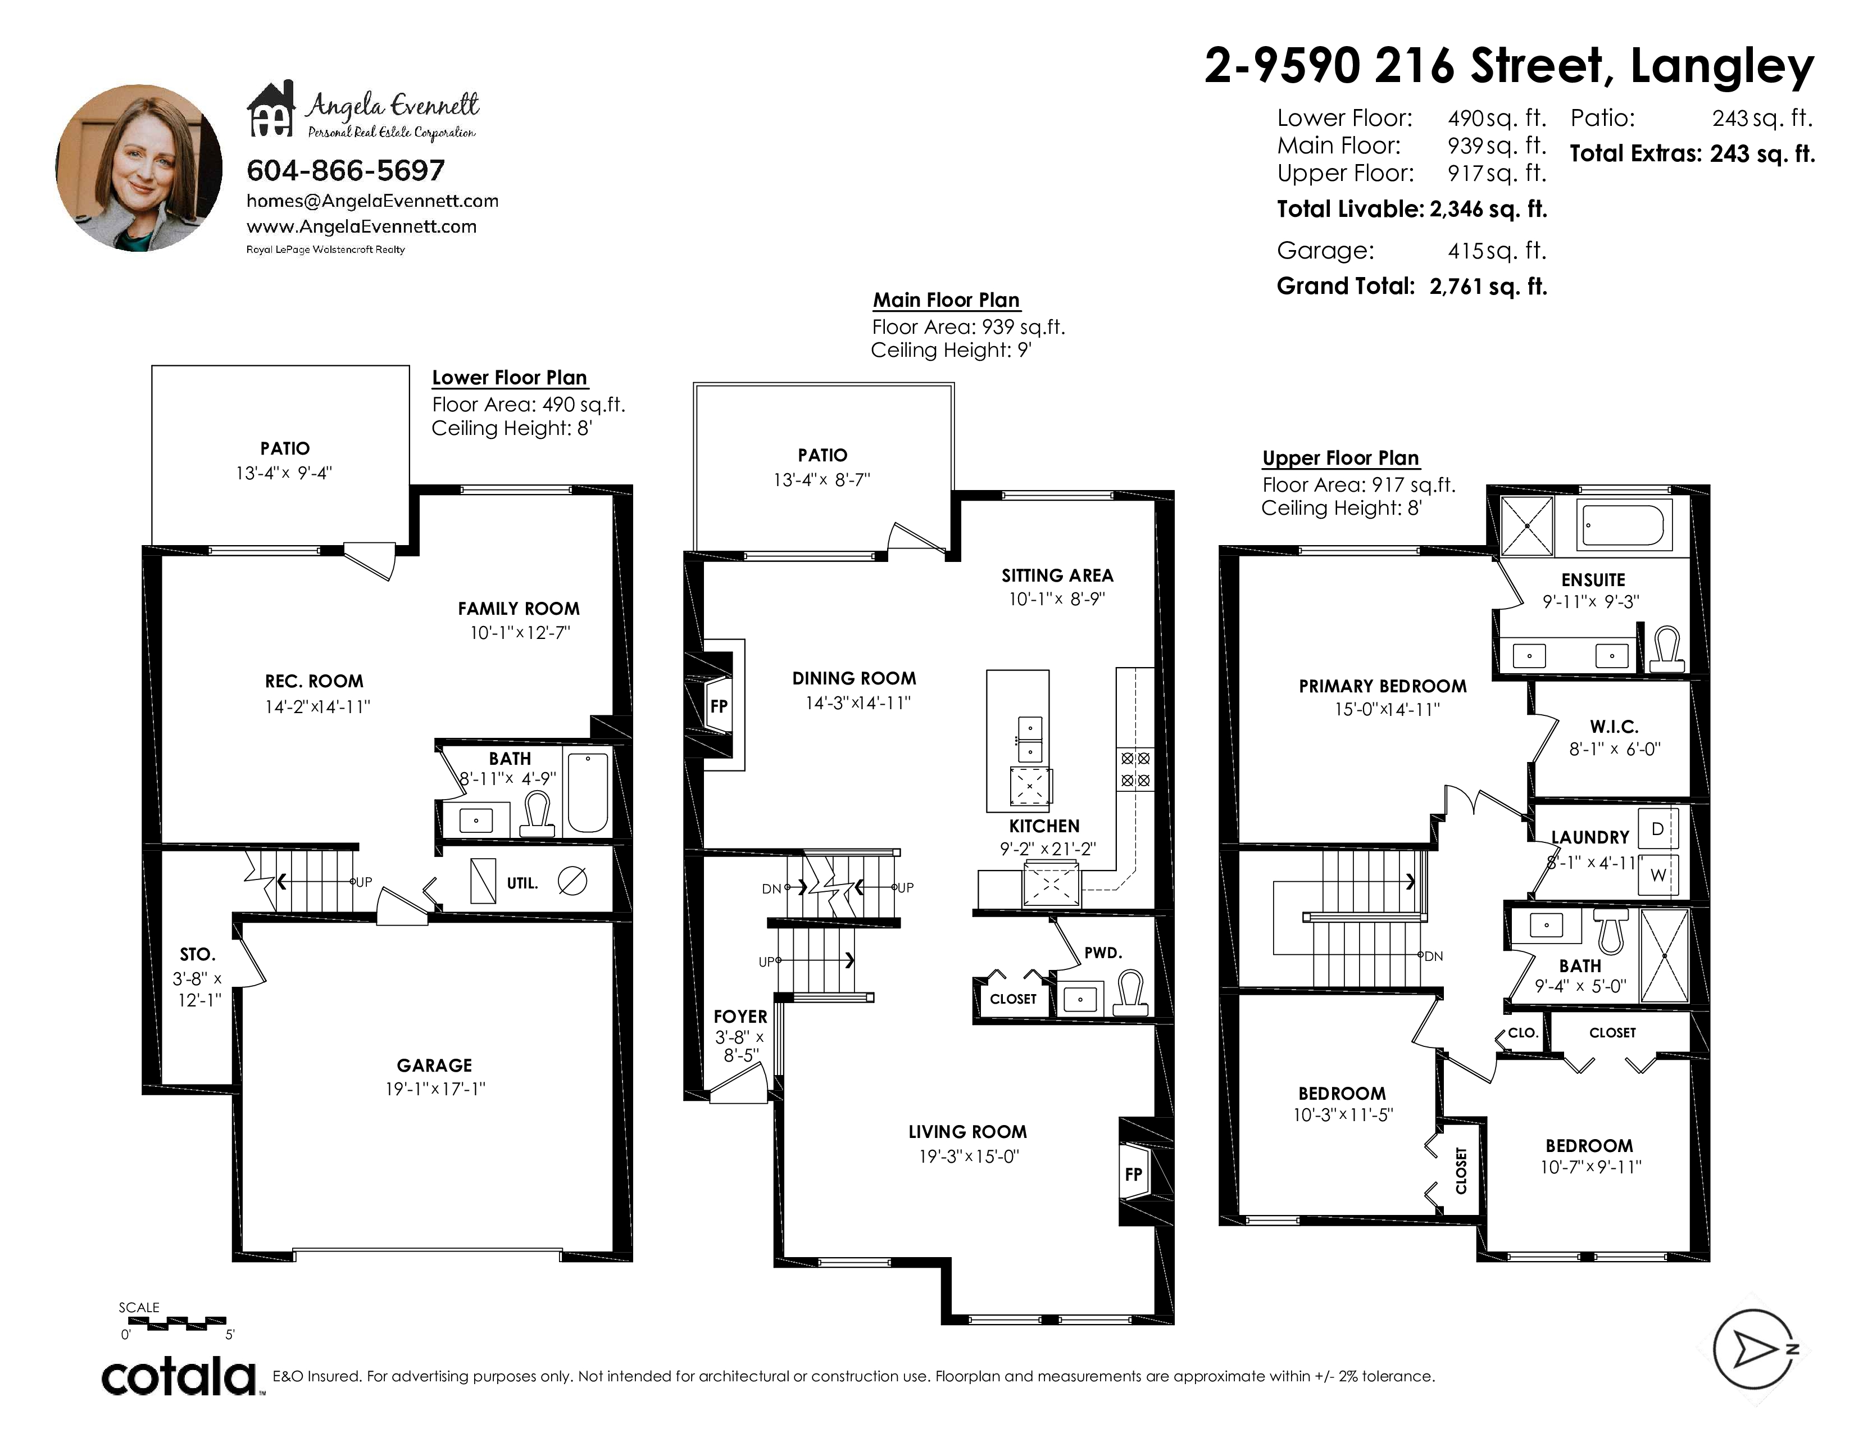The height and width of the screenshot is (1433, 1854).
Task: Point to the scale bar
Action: [172, 1322]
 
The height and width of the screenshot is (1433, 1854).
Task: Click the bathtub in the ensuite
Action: [1623, 527]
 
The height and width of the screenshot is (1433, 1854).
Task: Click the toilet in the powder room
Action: [1130, 993]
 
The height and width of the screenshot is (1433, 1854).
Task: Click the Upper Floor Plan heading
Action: [1340, 459]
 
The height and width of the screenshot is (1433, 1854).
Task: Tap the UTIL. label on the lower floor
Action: [522, 883]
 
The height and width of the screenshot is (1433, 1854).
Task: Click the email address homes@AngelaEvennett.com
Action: [372, 201]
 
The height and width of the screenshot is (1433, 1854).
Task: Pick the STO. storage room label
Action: [198, 955]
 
